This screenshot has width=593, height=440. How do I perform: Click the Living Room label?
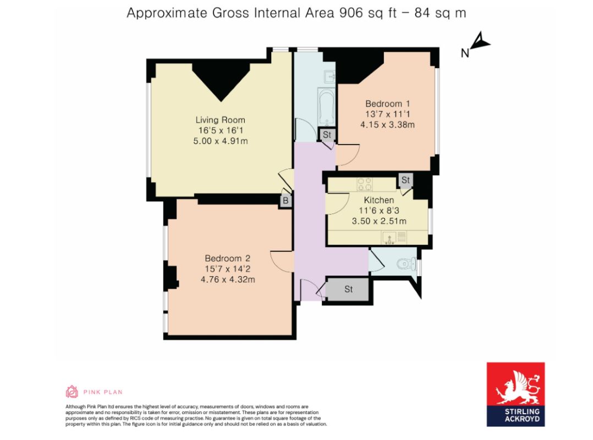pyautogui.click(x=220, y=120)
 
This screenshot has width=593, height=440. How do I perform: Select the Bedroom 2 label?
pyautogui.click(x=228, y=258)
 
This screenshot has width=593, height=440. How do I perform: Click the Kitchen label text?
pyautogui.click(x=379, y=200)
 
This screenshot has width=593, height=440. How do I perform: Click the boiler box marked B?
pyautogui.click(x=285, y=201)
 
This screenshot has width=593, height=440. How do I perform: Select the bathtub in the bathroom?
pyautogui.click(x=325, y=107)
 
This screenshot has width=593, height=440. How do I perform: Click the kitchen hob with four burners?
pyautogui.click(x=365, y=184)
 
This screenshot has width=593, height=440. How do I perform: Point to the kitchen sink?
pyautogui.click(x=389, y=238)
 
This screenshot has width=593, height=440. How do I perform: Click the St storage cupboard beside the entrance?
pyautogui.click(x=348, y=289)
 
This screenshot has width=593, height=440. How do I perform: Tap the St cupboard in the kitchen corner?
pyautogui.click(x=405, y=180)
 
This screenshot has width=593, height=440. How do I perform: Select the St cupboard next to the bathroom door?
pyautogui.click(x=327, y=134)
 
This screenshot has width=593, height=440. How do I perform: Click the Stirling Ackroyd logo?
pyautogui.click(x=515, y=394)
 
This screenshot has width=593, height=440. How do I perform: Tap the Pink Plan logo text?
pyautogui.click(x=103, y=392)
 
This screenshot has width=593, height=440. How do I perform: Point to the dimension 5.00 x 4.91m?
pyautogui.click(x=220, y=141)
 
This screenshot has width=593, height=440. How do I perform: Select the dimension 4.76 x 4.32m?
pyautogui.click(x=228, y=279)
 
